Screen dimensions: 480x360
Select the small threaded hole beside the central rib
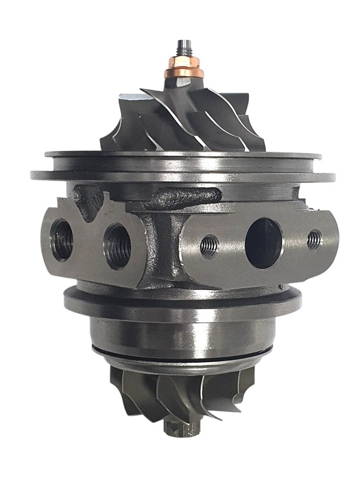click(208, 243)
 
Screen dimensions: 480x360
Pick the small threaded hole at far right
click(314, 238)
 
